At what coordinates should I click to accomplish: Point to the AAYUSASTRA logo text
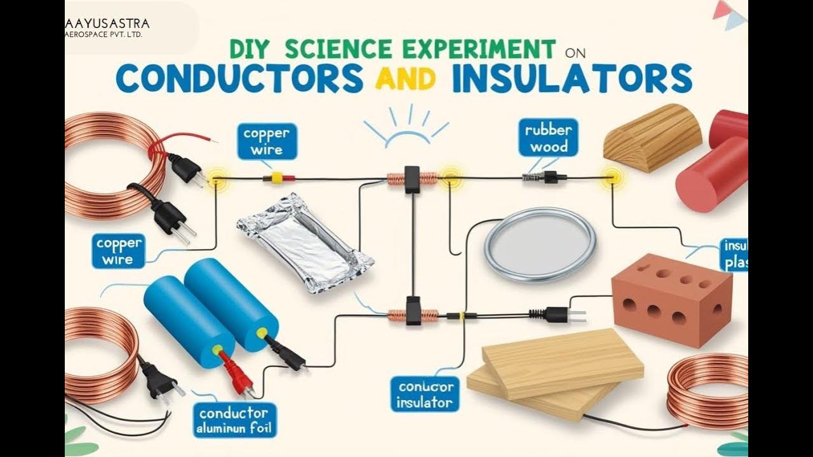(x=107, y=24)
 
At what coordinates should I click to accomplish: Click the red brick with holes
(x=671, y=298)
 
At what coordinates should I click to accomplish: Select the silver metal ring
(x=539, y=245)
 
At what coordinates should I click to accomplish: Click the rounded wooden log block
(x=652, y=138)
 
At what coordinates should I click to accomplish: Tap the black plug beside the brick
(x=558, y=312)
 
